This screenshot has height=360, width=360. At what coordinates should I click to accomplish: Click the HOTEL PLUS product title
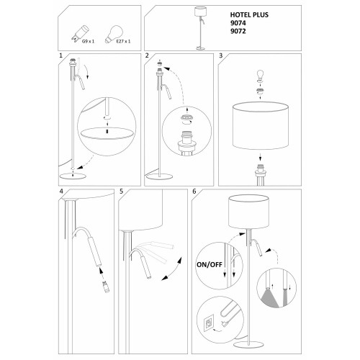[249, 15]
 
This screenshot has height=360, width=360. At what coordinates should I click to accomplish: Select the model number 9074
[238, 23]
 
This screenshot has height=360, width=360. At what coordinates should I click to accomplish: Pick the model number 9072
[238, 31]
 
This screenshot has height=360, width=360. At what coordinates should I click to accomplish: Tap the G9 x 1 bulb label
[88, 41]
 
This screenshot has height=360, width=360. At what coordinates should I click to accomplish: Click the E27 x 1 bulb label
[123, 41]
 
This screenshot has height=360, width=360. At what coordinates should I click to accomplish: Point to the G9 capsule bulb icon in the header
[80, 34]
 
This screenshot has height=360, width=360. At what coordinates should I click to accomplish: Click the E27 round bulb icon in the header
[114, 35]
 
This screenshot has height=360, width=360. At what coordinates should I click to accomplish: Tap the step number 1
[60, 55]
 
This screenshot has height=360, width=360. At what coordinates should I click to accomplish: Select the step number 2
[147, 55]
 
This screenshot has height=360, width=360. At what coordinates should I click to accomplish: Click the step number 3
[221, 55]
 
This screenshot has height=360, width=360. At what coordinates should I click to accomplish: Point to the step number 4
[61, 192]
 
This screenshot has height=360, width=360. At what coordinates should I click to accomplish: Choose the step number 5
[121, 192]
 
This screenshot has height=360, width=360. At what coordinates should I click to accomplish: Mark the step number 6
[194, 192]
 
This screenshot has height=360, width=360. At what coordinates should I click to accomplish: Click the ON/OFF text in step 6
[210, 265]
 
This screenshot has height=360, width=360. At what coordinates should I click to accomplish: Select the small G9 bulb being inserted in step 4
[106, 287]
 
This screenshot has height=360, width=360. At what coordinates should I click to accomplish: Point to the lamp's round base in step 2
[159, 176]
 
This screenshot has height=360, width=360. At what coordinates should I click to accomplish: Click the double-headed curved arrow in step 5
[172, 269]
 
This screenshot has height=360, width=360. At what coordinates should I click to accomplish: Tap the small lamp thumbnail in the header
[200, 28]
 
